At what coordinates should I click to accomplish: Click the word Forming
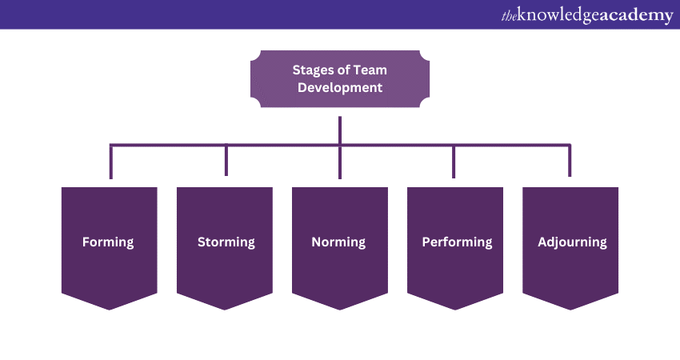coord(108,242)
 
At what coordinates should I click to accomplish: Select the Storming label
coord(226,242)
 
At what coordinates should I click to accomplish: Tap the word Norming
coord(338,242)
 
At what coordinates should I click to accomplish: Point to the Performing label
coord(457,242)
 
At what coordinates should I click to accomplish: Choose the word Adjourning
coord(572,242)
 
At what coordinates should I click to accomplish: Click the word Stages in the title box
coord(310,70)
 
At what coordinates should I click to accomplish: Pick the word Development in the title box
coord(340,88)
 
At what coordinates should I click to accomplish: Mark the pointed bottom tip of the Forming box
coord(110,309)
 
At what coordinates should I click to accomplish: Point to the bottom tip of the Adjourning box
coord(570,309)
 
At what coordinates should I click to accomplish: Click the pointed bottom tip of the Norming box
coord(340,309)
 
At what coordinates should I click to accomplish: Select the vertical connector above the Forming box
coord(111,162)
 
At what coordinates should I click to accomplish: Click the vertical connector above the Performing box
coord(454,162)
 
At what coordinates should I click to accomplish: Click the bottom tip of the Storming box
coord(225,309)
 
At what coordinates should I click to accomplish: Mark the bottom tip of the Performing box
coord(455,309)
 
